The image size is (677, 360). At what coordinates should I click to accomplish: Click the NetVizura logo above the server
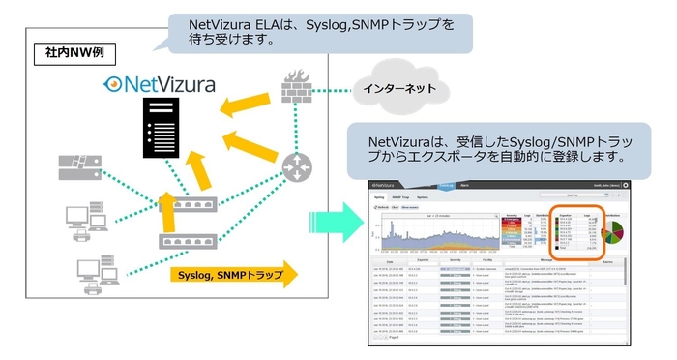pos(162,83)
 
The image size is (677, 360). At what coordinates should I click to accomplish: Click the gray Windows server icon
pos(80,168)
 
